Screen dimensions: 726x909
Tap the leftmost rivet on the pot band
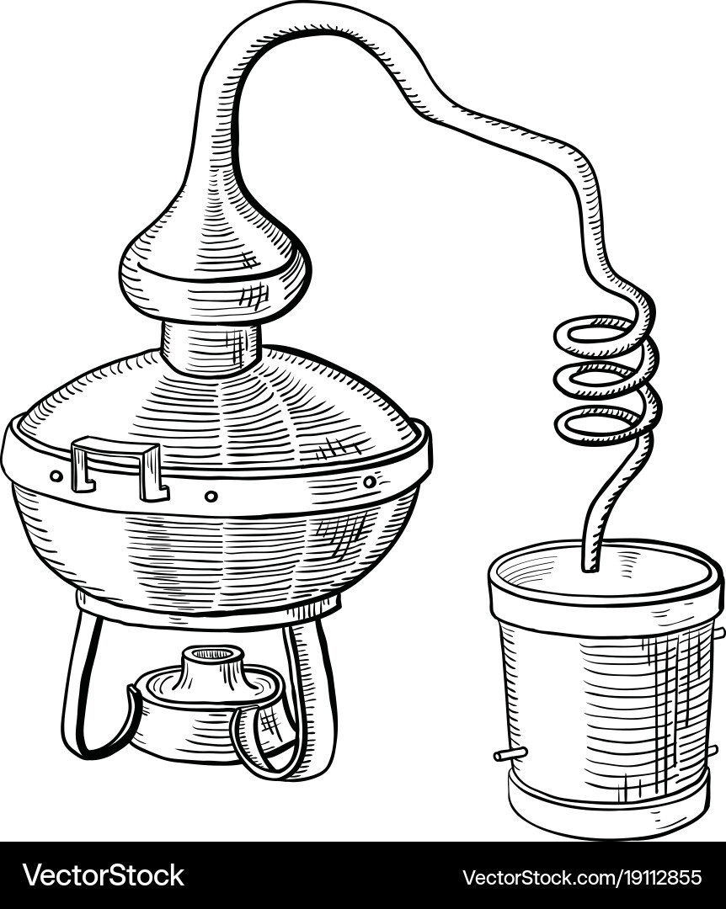(x=56, y=476)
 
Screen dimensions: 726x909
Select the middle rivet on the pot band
(x=212, y=497)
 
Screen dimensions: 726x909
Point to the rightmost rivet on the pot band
(x=370, y=481)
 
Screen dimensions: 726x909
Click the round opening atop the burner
(x=212, y=654)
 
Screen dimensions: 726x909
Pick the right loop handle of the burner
(x=243, y=748)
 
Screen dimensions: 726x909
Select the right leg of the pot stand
(x=317, y=696)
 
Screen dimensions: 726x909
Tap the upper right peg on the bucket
(x=719, y=632)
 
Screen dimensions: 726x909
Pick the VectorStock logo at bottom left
(x=104, y=875)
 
